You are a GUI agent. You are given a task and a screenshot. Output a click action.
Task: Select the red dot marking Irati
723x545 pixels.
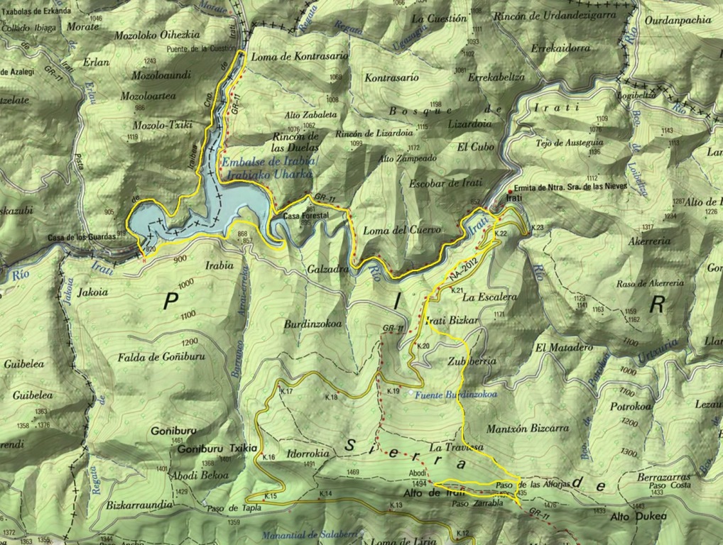coord(509,192)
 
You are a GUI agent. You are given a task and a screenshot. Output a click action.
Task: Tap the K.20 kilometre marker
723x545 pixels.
coord(423,346)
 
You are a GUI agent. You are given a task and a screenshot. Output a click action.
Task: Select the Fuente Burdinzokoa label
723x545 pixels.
coord(456,395)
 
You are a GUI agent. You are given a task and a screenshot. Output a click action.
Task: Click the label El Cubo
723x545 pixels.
coord(472,148)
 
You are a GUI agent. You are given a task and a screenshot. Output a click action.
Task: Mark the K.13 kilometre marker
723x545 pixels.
coord(395,505)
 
